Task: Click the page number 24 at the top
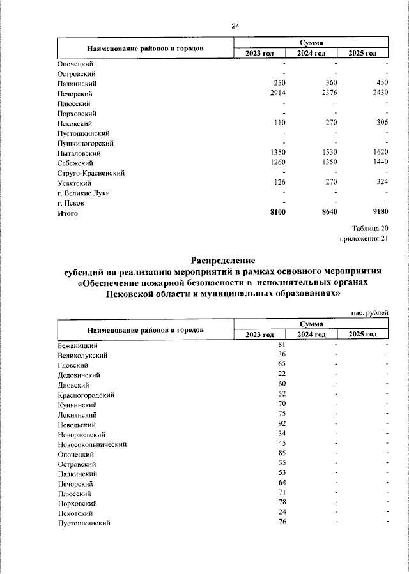click(x=235, y=26)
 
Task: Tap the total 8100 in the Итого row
click(x=275, y=213)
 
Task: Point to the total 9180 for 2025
click(x=377, y=213)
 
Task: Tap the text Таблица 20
click(x=369, y=229)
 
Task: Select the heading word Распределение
click(x=223, y=261)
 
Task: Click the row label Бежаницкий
click(x=77, y=345)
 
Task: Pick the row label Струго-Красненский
click(x=90, y=173)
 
